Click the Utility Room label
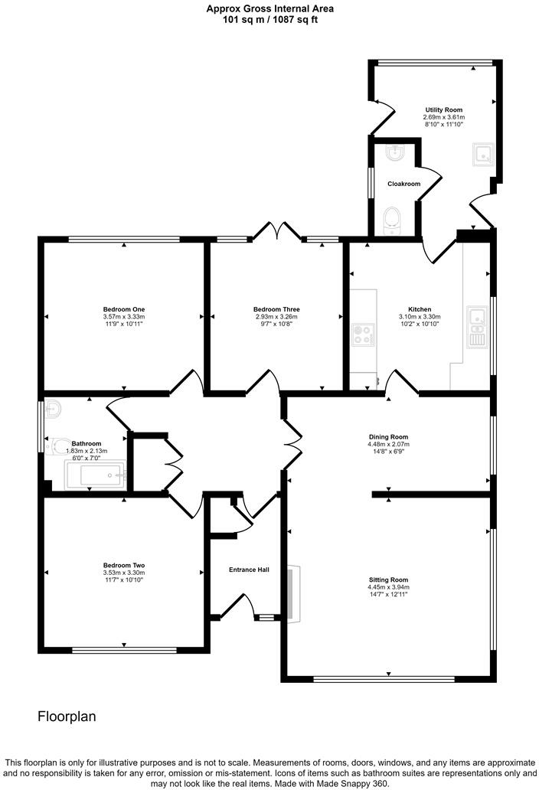point(443,109)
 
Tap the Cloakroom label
point(403,184)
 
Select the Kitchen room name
point(420,309)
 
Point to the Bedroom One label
point(124,309)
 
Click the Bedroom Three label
point(276,309)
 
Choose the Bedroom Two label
point(124,565)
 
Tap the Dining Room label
point(388,437)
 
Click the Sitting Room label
point(388,580)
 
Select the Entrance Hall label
point(249,570)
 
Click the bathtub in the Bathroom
point(95,475)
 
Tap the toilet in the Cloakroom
point(393,222)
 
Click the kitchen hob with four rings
point(363,335)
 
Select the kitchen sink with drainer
point(476,327)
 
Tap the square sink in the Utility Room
point(483,154)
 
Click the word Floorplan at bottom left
point(67,717)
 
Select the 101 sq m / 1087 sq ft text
point(270,20)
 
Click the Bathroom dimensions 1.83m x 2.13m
point(87,451)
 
